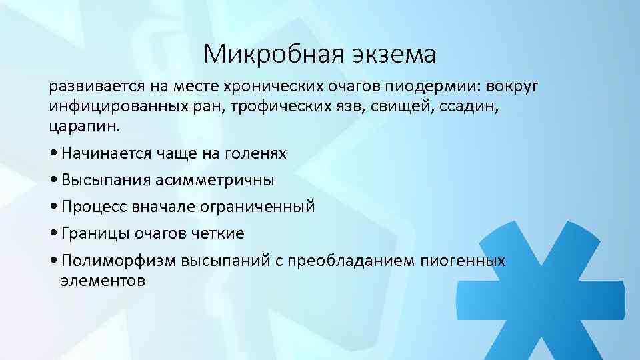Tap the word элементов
103,280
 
